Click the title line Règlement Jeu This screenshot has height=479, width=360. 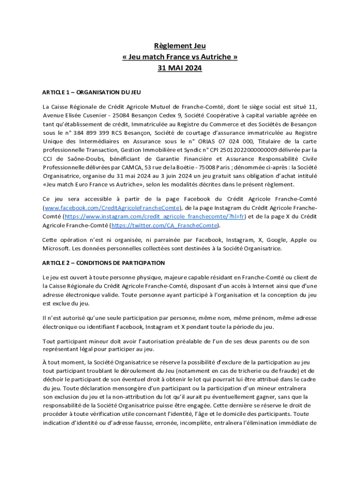(180, 46)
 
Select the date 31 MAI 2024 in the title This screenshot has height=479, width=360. (180, 68)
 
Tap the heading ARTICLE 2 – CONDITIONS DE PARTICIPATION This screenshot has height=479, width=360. (103, 263)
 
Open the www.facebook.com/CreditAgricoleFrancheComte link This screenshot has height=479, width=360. (111, 208)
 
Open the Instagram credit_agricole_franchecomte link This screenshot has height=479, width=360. (155, 217)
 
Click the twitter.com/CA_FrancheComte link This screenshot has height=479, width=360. (164, 225)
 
